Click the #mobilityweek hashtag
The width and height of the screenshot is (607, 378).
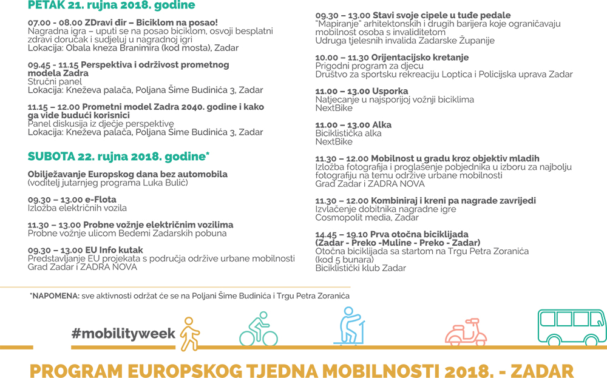(123, 333)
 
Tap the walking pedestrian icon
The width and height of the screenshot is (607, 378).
(190, 334)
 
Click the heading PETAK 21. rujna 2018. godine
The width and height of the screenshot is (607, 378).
(112, 5)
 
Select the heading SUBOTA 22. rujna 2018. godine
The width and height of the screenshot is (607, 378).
(118, 157)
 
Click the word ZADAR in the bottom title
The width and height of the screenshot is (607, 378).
(544, 370)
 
